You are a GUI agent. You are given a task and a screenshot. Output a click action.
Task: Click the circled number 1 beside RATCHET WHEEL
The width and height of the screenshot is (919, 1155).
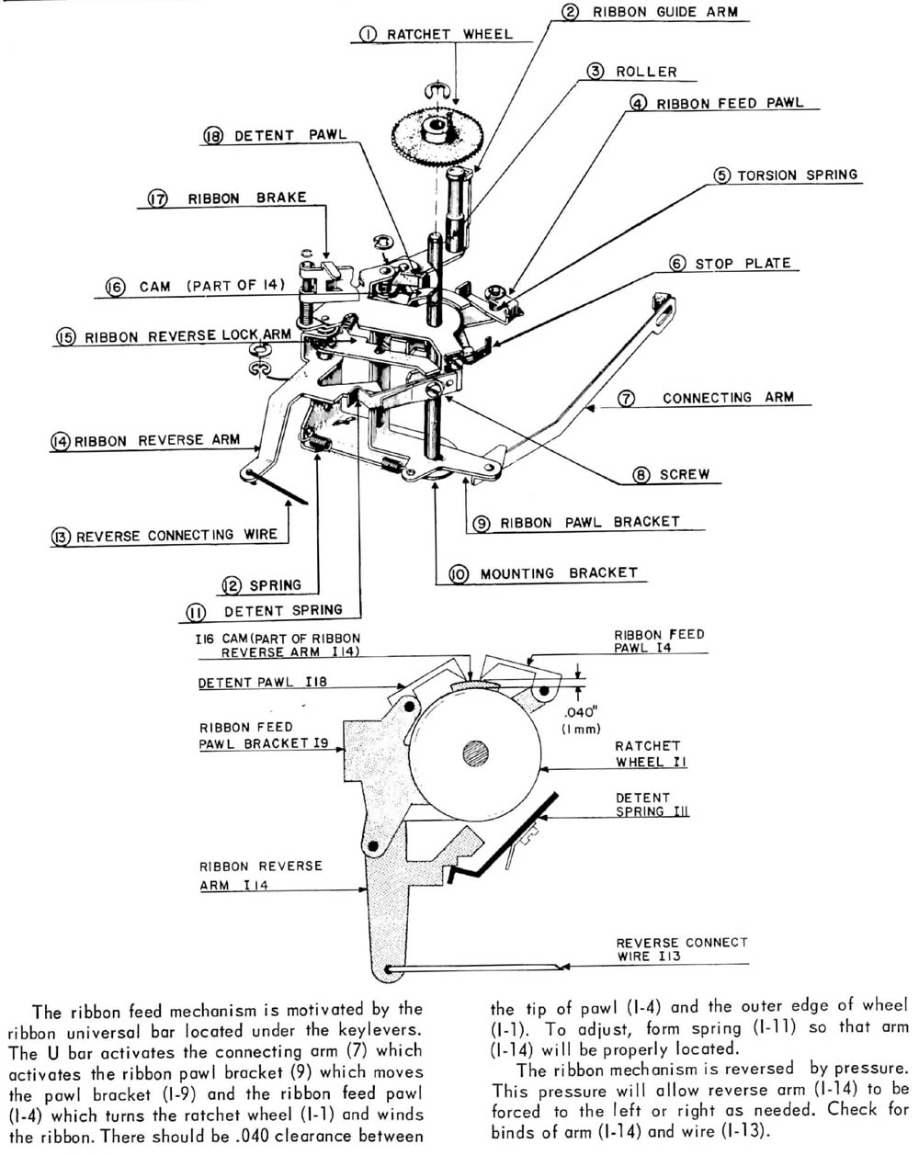click(x=368, y=35)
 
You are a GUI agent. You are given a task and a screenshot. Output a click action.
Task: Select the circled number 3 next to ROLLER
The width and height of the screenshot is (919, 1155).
click(x=596, y=71)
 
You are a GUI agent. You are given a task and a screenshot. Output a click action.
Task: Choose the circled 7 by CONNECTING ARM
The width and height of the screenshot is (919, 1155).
click(x=625, y=399)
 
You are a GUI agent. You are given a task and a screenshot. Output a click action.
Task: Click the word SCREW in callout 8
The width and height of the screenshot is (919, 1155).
click(x=685, y=474)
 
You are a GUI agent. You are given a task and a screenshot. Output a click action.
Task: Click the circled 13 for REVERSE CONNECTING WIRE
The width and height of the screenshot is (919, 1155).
click(x=62, y=537)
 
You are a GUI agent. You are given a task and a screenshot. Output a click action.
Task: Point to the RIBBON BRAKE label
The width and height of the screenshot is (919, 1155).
click(x=246, y=198)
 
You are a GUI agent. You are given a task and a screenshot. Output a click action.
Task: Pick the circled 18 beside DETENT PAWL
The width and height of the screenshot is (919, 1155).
click(x=213, y=136)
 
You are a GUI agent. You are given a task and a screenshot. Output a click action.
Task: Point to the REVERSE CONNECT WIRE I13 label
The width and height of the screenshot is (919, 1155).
click(x=681, y=949)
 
